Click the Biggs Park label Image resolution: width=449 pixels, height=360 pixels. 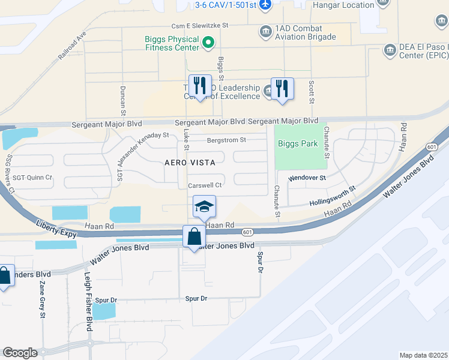297,144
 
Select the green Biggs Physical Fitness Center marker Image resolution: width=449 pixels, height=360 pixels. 208,42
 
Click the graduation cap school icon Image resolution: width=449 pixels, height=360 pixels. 204,208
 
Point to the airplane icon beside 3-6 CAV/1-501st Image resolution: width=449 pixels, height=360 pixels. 267,5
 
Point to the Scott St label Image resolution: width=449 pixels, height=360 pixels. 312,93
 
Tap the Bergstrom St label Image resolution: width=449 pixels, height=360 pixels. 226,140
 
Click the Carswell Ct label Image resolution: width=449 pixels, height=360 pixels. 205,185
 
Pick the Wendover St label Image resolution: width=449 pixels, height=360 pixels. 307,178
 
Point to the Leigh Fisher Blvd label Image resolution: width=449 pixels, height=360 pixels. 88,307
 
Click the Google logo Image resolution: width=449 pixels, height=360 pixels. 20,352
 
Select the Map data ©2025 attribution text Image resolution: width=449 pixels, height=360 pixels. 423,355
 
